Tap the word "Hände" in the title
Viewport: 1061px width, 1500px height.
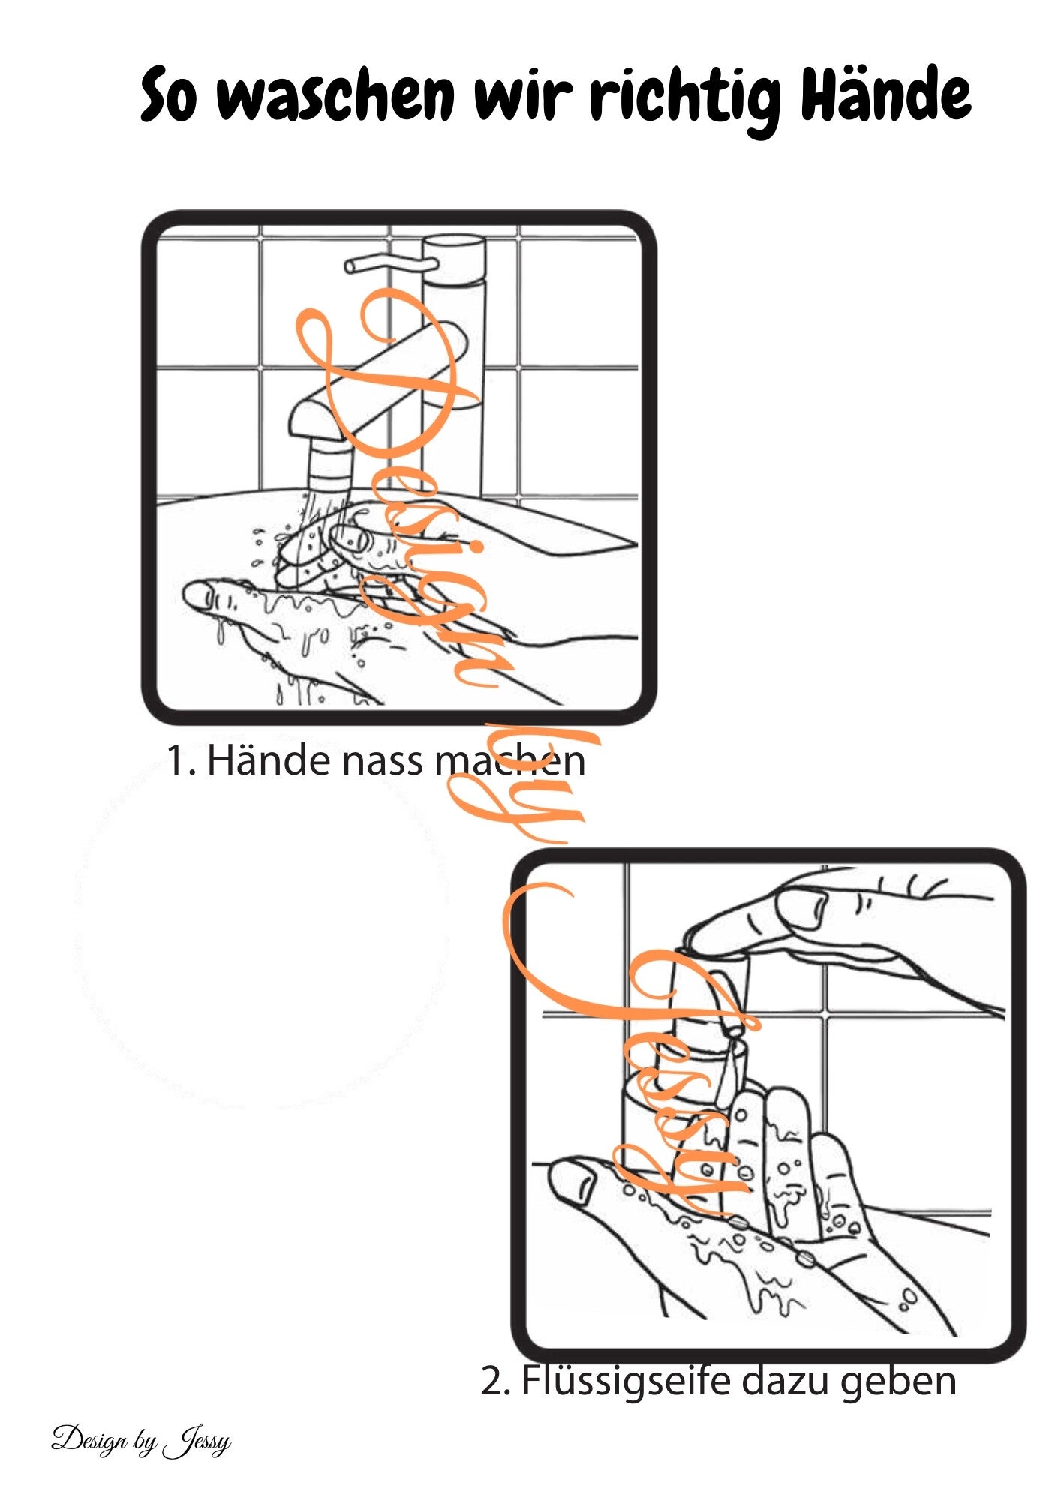(x=885, y=93)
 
